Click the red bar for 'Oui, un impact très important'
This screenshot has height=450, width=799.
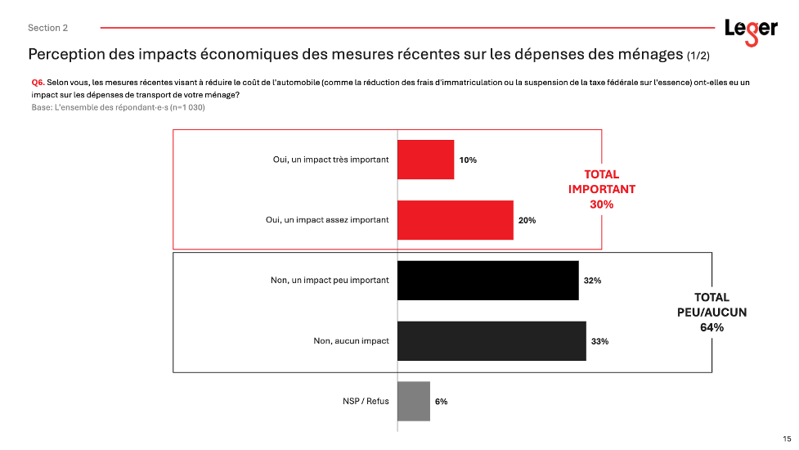tap(425, 160)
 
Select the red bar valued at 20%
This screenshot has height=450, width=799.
tap(456, 220)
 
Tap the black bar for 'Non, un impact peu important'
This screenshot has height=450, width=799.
tap(488, 281)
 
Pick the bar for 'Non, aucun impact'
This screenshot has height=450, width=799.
tap(492, 341)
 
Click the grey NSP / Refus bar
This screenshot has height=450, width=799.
tap(414, 401)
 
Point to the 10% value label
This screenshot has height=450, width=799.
tap(468, 160)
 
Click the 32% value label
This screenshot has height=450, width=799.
tap(593, 281)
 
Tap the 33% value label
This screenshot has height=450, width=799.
tap(599, 341)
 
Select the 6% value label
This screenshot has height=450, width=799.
tap(442, 402)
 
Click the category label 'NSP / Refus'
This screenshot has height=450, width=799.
tap(366, 401)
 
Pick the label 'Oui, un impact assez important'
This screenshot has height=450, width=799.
tap(327, 219)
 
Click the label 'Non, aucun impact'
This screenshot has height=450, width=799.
tap(351, 341)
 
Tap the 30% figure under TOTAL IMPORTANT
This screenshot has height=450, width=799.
tap(602, 205)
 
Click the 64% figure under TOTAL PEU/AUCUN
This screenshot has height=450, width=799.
tap(711, 328)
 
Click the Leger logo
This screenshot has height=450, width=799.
tap(751, 32)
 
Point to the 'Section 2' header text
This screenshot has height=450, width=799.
tap(48, 28)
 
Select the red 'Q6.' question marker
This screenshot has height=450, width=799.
tap(38, 83)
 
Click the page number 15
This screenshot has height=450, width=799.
tap(787, 439)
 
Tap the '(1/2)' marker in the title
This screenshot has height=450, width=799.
tap(698, 56)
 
